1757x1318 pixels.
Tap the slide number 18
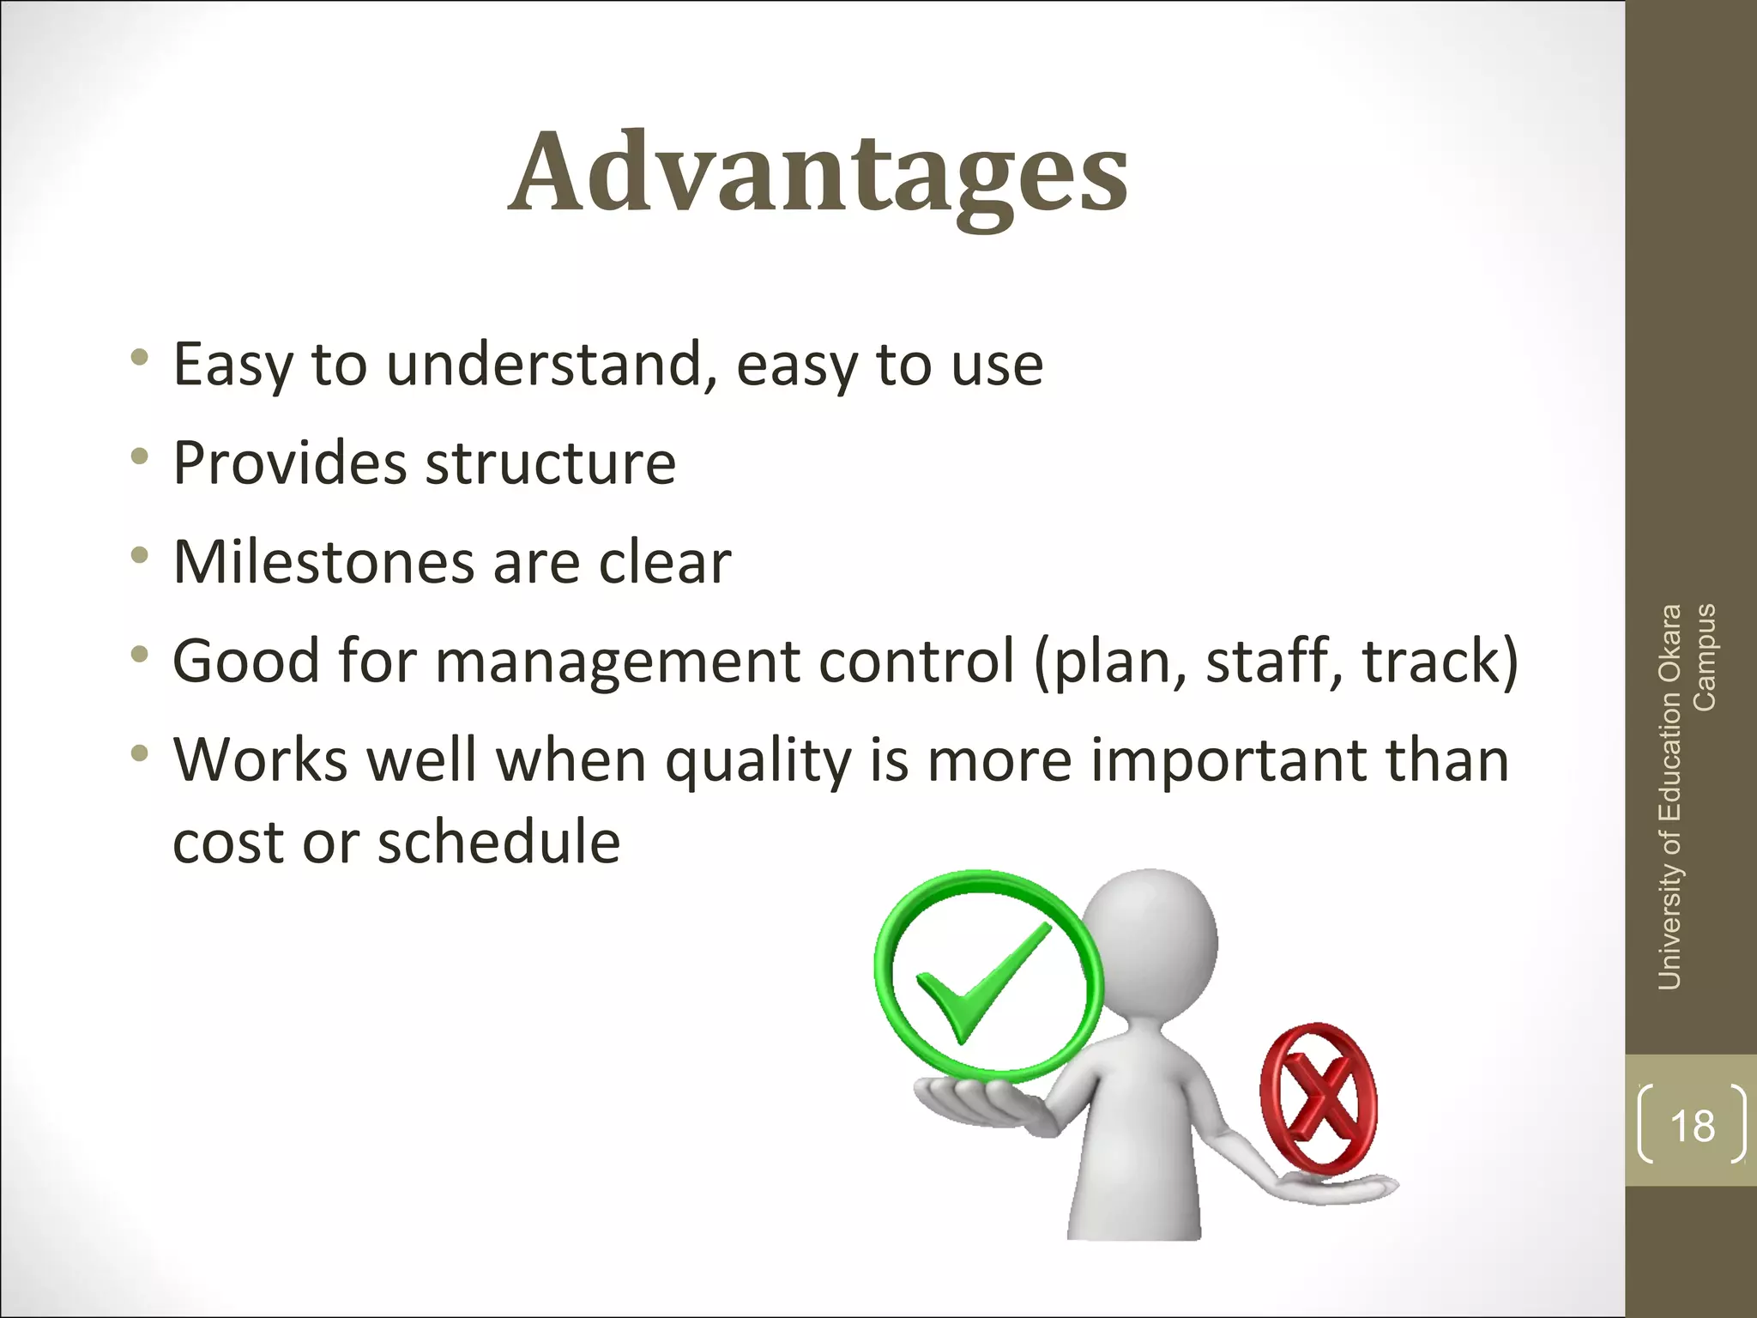(x=1692, y=1126)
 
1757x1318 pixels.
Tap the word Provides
(x=289, y=464)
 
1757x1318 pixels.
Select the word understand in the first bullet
(x=549, y=365)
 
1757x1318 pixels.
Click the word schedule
(x=498, y=842)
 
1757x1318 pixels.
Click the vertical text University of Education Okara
(x=1669, y=798)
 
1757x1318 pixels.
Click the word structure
(x=551, y=464)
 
